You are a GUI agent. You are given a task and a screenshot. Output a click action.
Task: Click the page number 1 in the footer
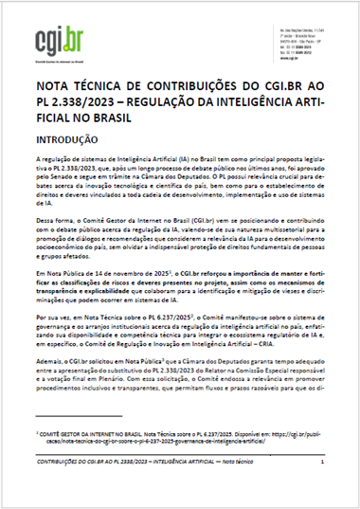323,488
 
